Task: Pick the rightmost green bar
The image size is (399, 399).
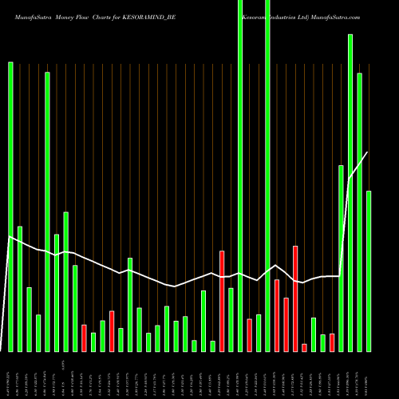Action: point(369,271)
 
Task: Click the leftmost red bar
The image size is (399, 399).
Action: point(84,338)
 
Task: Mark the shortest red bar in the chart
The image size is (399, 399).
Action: point(304,347)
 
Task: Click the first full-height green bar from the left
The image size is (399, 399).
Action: point(240,176)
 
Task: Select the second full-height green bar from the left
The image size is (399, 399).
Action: point(267,176)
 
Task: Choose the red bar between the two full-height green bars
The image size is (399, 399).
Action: point(250,334)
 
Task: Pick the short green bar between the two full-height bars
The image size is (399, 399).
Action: point(259,333)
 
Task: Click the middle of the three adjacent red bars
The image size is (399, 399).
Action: point(286,324)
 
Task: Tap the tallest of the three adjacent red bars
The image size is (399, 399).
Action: point(295,298)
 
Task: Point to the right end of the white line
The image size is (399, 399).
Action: point(368,152)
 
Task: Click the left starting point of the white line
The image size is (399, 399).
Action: point(10,237)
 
